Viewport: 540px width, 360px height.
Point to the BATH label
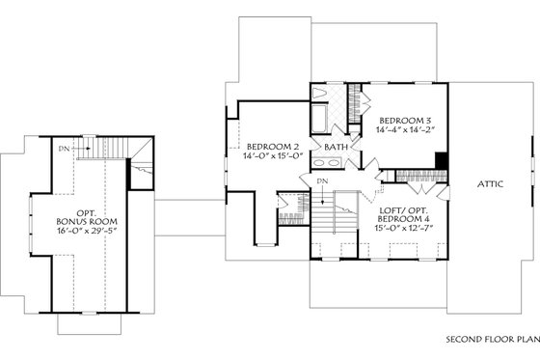337,147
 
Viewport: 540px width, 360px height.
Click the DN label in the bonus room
63,148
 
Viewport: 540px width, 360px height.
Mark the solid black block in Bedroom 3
441,161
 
